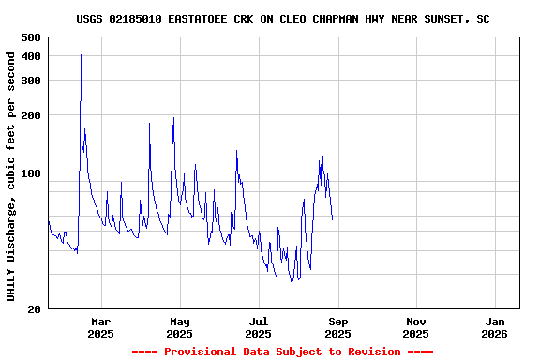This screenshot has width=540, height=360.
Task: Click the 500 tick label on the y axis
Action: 31,37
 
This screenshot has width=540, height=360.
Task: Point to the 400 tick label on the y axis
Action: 31,56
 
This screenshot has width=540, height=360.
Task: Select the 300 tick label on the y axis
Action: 31,81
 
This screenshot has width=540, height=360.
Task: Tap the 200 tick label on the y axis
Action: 31,115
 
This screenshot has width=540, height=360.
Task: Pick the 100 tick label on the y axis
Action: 31,173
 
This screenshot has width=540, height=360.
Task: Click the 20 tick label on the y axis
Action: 35,309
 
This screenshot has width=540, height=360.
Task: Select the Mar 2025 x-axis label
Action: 100,327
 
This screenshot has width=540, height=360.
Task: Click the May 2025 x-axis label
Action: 179,327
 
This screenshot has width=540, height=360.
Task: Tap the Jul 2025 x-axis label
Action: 258,327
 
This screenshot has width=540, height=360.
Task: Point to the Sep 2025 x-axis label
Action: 337,327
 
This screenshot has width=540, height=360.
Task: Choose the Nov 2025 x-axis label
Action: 415,327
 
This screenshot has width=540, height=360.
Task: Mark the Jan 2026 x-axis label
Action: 494,327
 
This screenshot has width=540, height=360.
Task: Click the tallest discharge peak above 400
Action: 81,54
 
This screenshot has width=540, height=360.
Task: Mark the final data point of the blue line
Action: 332,219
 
